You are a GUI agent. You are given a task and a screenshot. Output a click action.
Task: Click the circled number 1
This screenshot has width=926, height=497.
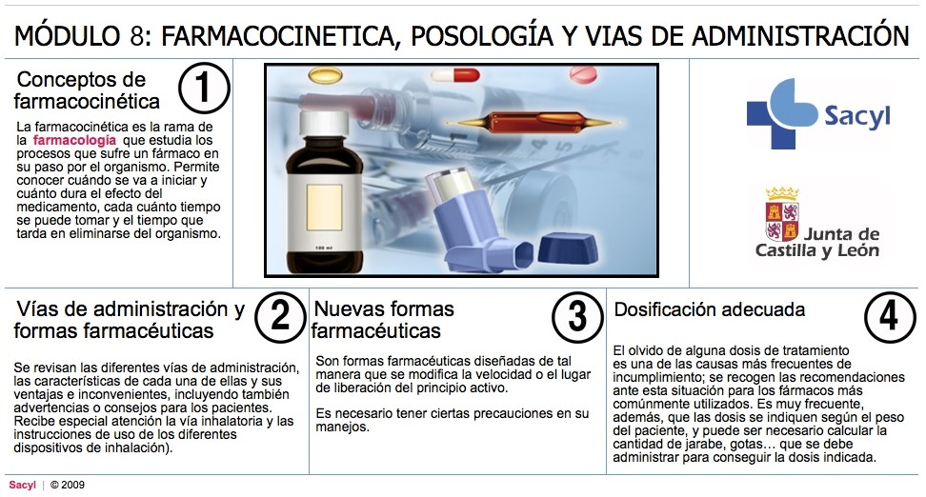click(x=204, y=88)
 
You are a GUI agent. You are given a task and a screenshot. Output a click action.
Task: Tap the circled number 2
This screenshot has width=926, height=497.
click(x=280, y=317)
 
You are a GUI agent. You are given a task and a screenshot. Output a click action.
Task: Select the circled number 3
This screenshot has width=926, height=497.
click(x=577, y=317)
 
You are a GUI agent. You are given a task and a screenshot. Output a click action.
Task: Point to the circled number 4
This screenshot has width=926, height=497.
click(x=890, y=317)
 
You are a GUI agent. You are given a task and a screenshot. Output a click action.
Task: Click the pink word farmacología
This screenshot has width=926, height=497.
click(x=74, y=141)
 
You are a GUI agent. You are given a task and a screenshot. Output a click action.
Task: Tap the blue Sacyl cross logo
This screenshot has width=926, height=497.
click(x=781, y=114)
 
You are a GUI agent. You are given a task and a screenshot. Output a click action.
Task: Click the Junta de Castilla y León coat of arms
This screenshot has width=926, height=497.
click(x=782, y=214)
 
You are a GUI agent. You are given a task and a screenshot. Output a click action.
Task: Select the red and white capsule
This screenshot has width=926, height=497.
click(x=454, y=75)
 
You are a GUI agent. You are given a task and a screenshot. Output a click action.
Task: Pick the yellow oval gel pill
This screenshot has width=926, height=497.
click(x=326, y=75)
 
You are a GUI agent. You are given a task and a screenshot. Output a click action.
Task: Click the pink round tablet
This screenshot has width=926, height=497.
click(x=583, y=75)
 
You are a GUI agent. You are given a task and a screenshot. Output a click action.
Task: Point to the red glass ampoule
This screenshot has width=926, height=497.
click(x=534, y=122)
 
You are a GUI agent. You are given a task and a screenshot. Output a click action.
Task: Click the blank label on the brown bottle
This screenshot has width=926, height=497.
click(x=324, y=208)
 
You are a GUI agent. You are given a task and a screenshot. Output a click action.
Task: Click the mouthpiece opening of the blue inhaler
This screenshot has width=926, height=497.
click(x=524, y=255)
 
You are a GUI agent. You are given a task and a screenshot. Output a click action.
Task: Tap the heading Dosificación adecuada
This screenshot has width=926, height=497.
click(x=709, y=309)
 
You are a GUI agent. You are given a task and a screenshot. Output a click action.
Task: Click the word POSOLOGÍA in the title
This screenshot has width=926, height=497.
click(x=482, y=35)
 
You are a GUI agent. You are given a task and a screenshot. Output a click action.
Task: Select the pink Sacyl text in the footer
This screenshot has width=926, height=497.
click(x=23, y=486)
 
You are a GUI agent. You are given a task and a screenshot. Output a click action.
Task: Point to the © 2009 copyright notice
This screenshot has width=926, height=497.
click(x=68, y=486)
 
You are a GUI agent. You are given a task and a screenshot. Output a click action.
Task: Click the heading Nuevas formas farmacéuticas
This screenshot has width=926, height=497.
click(x=383, y=320)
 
